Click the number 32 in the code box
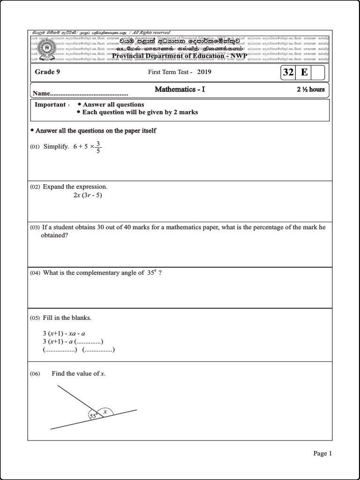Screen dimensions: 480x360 click(288, 73)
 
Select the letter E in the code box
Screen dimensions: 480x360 click(304, 73)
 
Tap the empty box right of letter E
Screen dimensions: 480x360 click(317, 73)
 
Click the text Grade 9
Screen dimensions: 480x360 click(47, 72)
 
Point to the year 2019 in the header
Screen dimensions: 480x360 click(204, 72)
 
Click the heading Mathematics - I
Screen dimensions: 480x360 click(180, 89)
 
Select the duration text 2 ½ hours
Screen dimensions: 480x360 click(310, 89)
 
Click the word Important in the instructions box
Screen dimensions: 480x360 click(50, 105)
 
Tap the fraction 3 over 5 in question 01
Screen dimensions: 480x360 click(98, 147)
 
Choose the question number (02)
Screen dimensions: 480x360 click(35, 187)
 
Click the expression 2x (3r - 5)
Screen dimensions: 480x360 click(87, 195)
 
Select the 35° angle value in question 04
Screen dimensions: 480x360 click(151, 273)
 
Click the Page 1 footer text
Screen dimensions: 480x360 click(322, 453)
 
